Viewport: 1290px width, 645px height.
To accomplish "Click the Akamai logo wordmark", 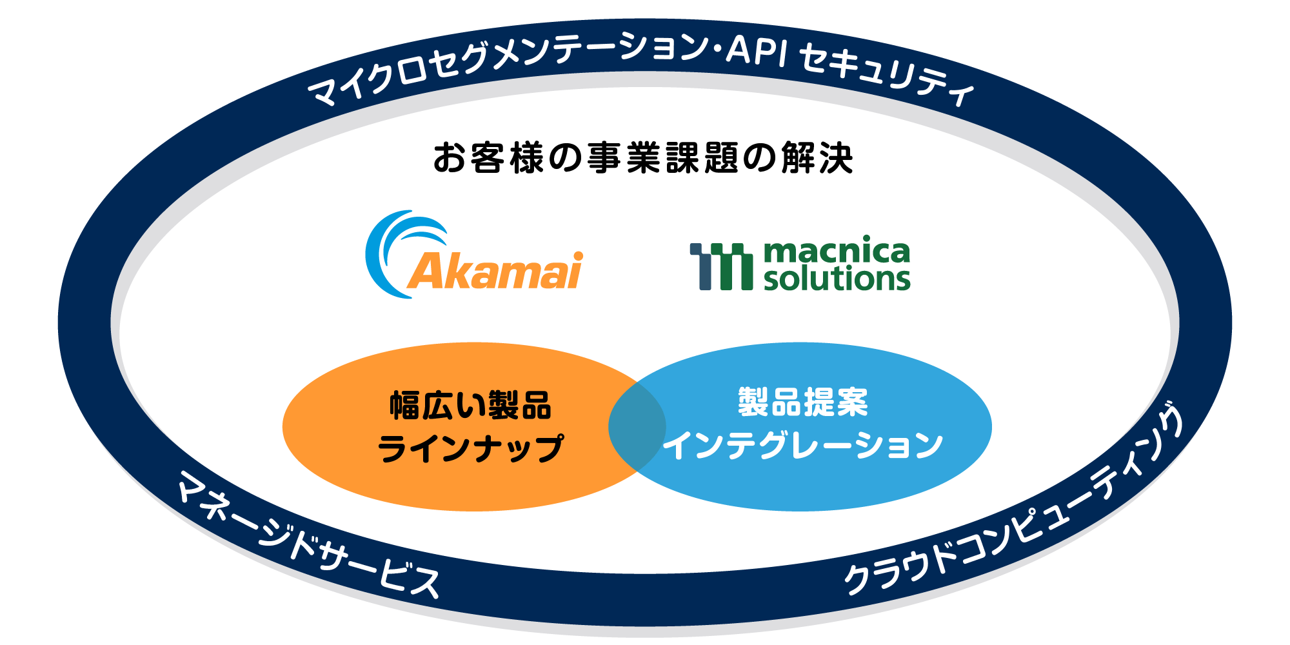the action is tap(495, 270).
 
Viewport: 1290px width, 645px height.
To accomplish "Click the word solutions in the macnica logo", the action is tap(837, 279).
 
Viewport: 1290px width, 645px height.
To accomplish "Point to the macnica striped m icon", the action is tap(721, 266).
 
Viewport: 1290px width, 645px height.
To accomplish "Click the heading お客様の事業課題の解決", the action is tap(643, 157).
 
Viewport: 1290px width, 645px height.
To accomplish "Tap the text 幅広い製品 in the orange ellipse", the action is tap(470, 406).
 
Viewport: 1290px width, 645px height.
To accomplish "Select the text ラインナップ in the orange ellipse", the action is tap(470, 448).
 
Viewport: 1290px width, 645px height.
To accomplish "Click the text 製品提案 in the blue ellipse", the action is tap(803, 402).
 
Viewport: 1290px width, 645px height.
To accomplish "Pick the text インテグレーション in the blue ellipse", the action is tap(803, 445).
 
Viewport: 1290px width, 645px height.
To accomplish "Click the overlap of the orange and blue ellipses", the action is tap(637, 426).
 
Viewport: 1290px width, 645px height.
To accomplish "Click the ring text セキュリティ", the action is tap(887, 77).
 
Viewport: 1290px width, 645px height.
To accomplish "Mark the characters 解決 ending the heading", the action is tap(817, 158).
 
